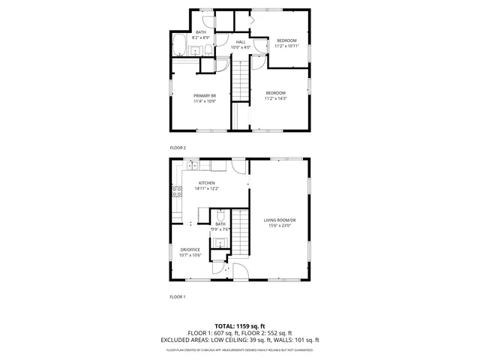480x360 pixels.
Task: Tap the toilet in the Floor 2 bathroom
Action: [205, 51]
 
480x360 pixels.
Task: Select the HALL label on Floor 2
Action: [241, 42]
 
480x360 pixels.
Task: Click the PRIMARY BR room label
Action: [205, 96]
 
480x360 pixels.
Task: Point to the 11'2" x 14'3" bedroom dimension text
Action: [276, 98]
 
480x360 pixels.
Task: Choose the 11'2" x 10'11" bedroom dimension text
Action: [286, 46]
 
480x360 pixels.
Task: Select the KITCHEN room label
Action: [206, 183]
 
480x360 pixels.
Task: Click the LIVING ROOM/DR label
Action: [279, 220]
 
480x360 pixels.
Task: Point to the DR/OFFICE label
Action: [190, 250]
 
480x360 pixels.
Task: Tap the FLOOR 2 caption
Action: [178, 148]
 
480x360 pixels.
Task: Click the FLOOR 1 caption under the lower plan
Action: [177, 297]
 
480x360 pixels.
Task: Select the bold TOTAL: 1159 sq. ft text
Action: [240, 326]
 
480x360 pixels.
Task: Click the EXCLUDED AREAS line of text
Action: [240, 339]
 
